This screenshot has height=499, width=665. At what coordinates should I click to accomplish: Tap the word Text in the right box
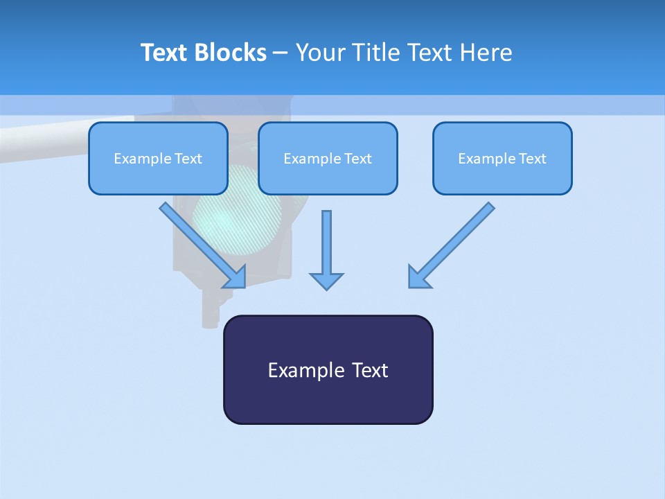[x=532, y=159]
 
